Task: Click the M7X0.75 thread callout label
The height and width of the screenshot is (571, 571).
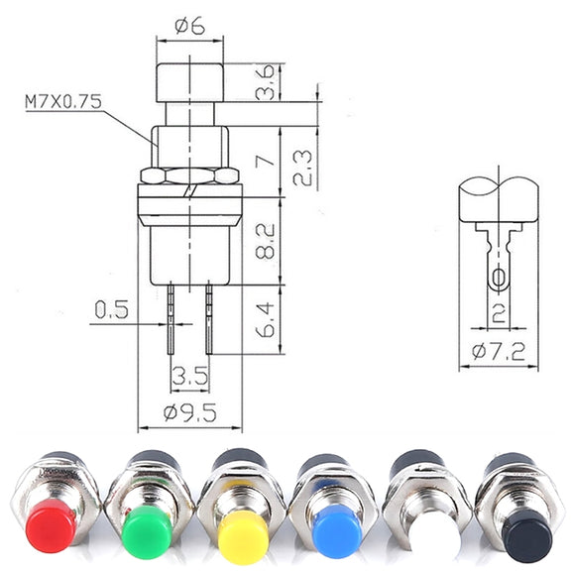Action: click(63, 101)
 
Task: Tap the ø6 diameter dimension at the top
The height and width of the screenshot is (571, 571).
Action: click(189, 26)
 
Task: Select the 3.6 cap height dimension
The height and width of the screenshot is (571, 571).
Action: click(265, 82)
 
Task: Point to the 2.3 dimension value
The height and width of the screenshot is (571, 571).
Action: click(302, 169)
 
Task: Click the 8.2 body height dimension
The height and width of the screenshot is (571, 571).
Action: click(265, 241)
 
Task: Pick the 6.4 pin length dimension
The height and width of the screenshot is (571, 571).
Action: click(265, 320)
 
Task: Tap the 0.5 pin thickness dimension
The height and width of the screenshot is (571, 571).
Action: click(112, 309)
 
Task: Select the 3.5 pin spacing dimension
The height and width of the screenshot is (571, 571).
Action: click(190, 376)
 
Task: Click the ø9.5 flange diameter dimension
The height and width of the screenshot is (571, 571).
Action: click(189, 412)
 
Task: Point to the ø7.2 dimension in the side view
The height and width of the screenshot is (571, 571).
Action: click(499, 351)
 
